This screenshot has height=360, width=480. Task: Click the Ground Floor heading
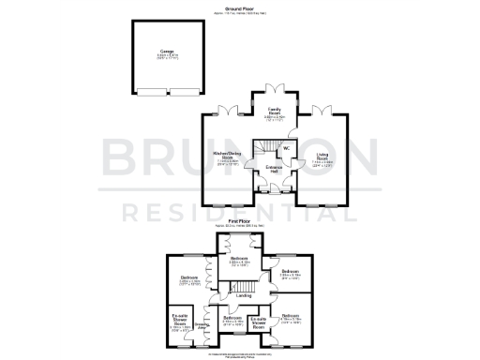240,6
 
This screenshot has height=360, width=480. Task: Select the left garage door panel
146,90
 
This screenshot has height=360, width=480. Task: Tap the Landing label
244,296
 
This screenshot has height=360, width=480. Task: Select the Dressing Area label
200,326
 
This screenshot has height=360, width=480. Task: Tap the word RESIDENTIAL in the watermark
240,213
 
